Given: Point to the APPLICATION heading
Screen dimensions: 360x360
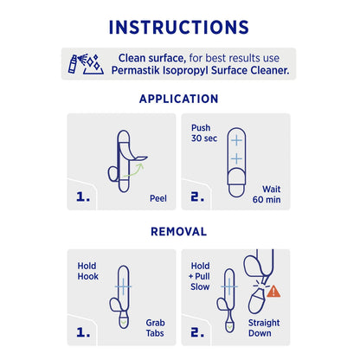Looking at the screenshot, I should (x=179, y=99).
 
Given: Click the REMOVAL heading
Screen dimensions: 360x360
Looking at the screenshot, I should (x=179, y=232).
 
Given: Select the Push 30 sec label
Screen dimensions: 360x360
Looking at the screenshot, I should (x=201, y=132).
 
